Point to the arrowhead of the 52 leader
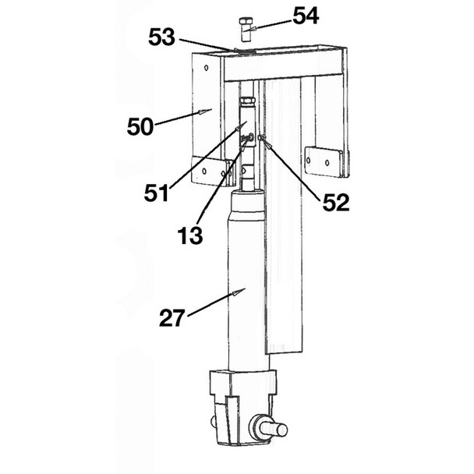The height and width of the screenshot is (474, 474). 264,140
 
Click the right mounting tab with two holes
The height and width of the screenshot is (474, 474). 325,161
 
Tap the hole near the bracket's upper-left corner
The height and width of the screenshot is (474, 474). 206,68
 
